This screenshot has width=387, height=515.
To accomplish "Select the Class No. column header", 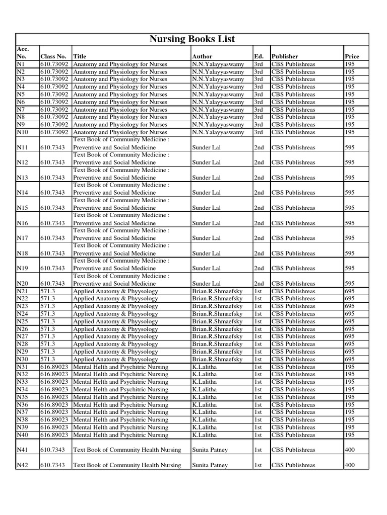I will pos(53,57).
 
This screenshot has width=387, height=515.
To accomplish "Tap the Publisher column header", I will pos(285,57).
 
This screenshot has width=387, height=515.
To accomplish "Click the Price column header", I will pos(352,57).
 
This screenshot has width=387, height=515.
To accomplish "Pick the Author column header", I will pos(202,57).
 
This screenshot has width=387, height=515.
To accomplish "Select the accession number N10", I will pos(24,132).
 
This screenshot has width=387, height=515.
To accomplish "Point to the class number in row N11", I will pos(52,147).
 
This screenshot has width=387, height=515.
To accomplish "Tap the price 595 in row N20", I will pos(350,284).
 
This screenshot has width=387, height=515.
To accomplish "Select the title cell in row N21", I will pos(115,291).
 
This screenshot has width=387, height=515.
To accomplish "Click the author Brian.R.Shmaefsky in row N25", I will pos(217,321).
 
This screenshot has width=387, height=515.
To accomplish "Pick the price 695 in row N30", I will pos(350,359).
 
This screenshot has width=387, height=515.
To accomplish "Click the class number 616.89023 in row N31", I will pos(55,367).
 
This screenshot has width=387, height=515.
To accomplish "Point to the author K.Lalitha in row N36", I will pos(204,405).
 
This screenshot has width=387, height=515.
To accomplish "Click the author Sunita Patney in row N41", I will pos(210,450).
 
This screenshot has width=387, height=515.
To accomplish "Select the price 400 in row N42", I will pos(350,465).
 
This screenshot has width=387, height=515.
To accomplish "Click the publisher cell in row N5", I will pos(293,95).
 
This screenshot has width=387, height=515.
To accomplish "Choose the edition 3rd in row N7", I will pos(258,110).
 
